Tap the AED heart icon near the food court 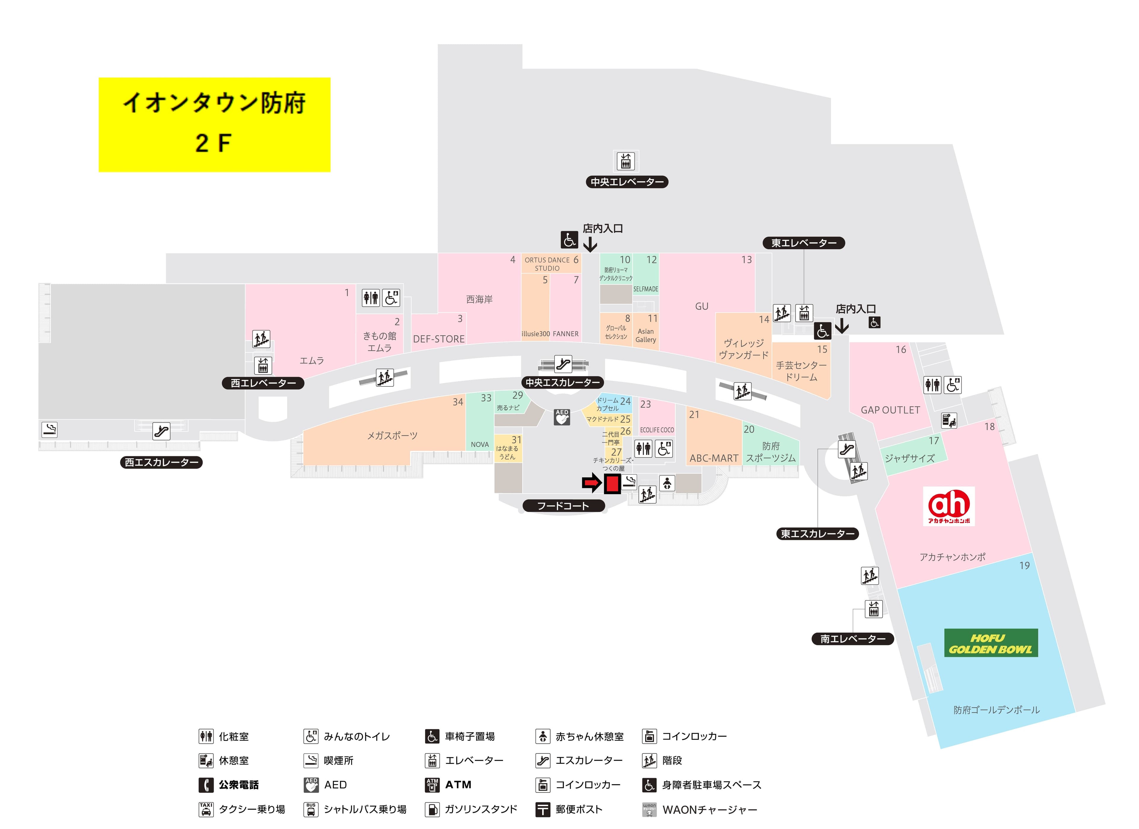click(562, 417)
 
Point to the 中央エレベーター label click(627, 182)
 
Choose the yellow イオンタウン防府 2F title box click(214, 125)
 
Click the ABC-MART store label click(714, 458)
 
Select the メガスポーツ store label click(392, 436)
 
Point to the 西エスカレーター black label click(161, 462)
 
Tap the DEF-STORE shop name click(438, 339)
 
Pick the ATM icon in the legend click(432, 785)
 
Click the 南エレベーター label click(853, 639)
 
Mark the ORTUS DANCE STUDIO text click(547, 264)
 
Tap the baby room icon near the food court click(666, 483)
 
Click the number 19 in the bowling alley click(1024, 566)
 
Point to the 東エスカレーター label click(817, 534)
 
